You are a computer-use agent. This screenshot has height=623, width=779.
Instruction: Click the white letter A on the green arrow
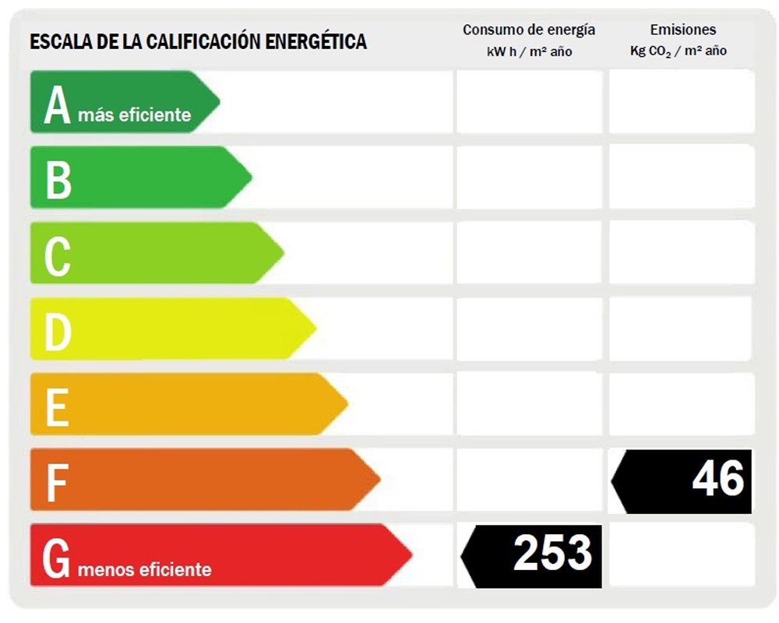pos(57,105)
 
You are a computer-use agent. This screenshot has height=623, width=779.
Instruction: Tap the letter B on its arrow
pos(58,178)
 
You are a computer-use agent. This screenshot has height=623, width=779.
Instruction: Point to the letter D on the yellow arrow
pos(58,330)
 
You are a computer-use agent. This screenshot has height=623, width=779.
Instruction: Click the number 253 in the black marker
pos(552,554)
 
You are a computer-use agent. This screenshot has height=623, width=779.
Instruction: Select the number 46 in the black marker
pos(717,477)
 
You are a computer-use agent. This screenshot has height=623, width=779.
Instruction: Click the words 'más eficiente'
pos(134,115)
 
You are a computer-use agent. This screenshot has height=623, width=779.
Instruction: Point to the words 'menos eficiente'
pos(144,569)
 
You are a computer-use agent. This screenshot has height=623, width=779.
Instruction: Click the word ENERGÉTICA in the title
pos(315,41)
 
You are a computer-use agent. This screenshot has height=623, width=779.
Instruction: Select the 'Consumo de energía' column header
pos(529,30)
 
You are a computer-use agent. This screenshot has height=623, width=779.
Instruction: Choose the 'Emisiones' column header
pos(682,30)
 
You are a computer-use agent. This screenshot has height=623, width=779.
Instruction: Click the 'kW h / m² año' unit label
pos(529,51)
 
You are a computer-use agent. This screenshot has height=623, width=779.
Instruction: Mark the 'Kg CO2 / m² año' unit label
pos(679,51)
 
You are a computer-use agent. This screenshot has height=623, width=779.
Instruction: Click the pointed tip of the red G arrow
pos(410,554)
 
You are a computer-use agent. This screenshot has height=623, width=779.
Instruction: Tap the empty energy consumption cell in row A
pos(529,102)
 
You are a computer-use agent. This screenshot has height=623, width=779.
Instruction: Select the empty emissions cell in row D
pos(681,329)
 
